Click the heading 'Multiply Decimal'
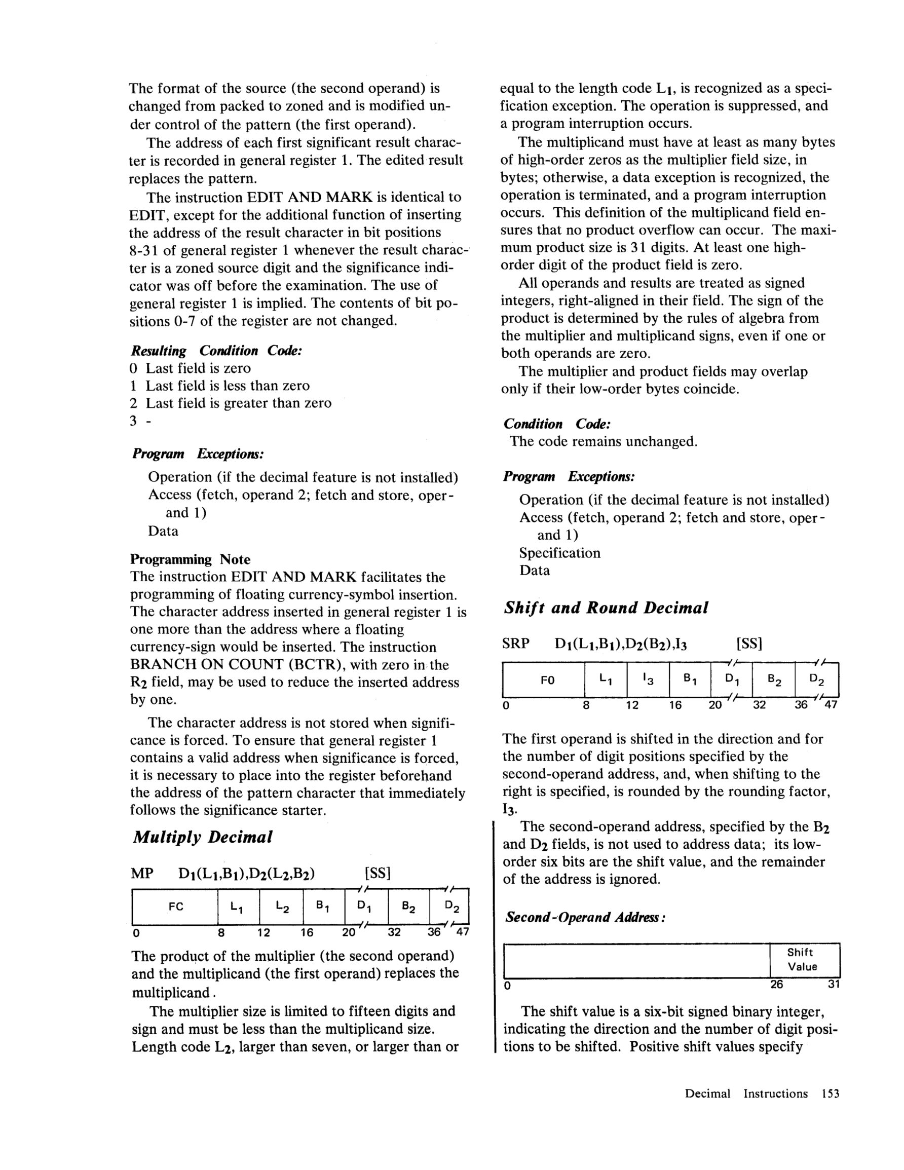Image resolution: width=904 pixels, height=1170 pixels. tap(203, 837)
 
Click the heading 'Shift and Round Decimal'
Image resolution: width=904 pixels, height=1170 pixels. tap(606, 608)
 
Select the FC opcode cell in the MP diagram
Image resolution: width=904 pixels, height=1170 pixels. tap(176, 907)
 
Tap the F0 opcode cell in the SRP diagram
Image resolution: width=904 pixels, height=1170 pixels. tap(547, 681)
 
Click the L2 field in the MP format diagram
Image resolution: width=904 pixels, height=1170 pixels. tap(281, 907)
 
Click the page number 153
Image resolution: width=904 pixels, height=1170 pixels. tap(830, 1093)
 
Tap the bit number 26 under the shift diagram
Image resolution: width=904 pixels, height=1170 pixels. tap(776, 984)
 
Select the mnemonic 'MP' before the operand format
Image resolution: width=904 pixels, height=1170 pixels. tap(142, 874)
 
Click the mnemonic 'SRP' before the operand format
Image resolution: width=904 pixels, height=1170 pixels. tap(515, 644)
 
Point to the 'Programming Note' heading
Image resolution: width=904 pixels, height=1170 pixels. tap(190, 559)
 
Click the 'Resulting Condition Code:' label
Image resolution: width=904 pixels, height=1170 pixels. tap(216, 351)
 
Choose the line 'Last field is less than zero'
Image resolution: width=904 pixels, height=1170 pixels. tap(227, 386)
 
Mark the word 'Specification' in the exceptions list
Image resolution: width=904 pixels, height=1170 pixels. tap(559, 553)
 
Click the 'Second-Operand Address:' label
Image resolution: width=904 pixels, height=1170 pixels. tap(585, 917)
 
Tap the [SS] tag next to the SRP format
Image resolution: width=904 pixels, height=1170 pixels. tap(749, 644)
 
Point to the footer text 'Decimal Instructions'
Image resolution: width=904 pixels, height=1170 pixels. tap(746, 1093)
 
